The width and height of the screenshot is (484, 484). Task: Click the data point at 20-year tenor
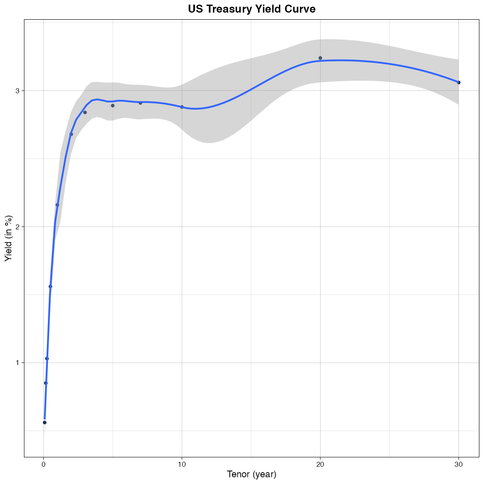click(320, 58)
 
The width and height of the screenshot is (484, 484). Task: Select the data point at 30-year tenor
click(459, 82)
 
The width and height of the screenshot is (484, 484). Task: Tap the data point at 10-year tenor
click(182, 107)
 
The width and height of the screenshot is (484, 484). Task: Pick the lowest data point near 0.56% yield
click(45, 422)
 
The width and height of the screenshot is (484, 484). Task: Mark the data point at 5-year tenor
click(113, 105)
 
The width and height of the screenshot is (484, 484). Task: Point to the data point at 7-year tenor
click(140, 103)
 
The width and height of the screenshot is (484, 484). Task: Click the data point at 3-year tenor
click(85, 112)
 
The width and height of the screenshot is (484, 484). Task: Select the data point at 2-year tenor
click(71, 134)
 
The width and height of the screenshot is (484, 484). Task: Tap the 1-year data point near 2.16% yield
click(57, 205)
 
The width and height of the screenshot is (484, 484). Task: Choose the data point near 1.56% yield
click(50, 287)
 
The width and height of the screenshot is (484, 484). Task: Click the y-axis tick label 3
click(18, 91)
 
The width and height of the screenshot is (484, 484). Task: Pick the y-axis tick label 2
click(18, 227)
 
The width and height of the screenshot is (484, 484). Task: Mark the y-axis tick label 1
click(18, 363)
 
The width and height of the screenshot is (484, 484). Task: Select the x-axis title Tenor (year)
click(252, 474)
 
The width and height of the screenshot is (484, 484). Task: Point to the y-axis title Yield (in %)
click(9, 238)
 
